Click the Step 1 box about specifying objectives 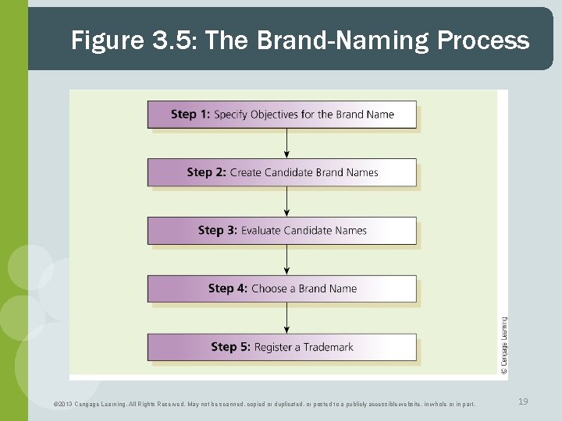[x=282, y=115]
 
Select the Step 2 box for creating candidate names [x=282, y=172]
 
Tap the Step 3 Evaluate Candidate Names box [x=282, y=230]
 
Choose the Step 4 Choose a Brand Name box [x=282, y=288]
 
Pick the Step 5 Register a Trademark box [x=282, y=347]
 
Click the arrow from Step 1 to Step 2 [x=287, y=143]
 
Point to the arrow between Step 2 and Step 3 [x=287, y=201]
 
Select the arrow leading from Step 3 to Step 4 [x=287, y=259]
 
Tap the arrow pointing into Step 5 [x=287, y=317]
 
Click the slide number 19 [x=523, y=402]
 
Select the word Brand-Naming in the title [x=336, y=41]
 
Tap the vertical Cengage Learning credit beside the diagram [x=503, y=346]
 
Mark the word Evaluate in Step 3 [x=261, y=230]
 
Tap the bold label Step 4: [x=228, y=288]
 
